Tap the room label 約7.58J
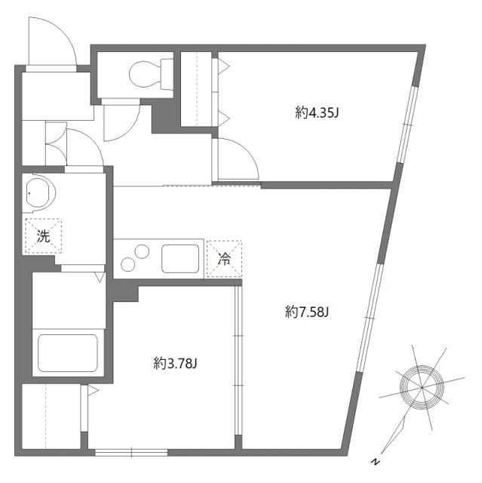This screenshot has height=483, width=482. coord(307,311)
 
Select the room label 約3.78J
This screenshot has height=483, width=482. coord(175,365)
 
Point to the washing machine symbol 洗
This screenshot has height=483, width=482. coord(44,235)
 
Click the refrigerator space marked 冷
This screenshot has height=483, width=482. coord(224,259)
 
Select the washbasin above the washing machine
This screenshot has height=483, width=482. coord(38,195)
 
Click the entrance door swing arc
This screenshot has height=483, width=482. coord(53,42)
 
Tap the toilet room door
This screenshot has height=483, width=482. coord(121,121)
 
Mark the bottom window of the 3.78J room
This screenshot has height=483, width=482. coord(130,452)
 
